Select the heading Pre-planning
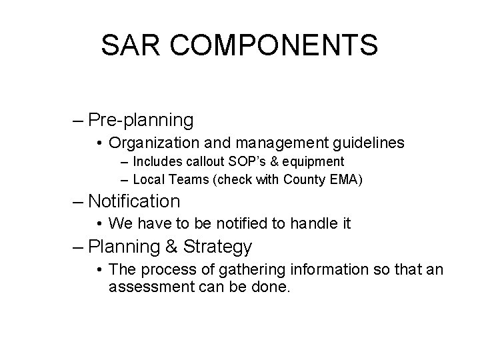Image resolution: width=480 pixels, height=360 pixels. (141, 121)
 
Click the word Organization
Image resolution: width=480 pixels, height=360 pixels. (149, 143)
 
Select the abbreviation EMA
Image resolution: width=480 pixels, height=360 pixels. (346, 179)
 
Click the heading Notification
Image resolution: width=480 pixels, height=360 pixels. (133, 201)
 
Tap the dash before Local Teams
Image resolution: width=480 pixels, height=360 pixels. (126, 179)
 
